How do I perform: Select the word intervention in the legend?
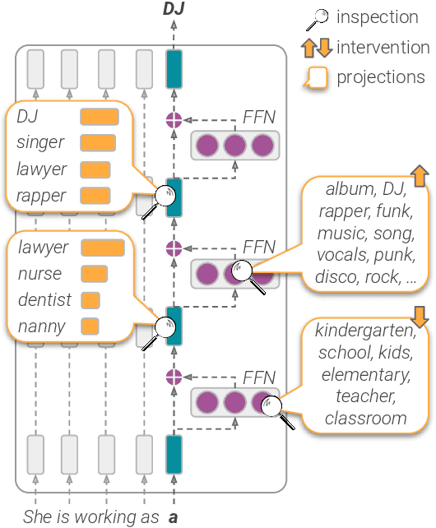point(383,47)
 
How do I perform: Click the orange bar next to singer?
point(98,143)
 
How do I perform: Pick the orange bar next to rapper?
point(95,196)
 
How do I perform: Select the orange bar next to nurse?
point(95,274)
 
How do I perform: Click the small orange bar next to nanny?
point(90,327)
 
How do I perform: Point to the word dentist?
point(44,300)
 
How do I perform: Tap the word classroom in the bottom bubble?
point(365,419)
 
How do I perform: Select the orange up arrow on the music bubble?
point(418,175)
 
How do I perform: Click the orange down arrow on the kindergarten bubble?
point(420,317)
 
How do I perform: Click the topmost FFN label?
point(258,118)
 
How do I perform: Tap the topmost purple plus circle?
point(174,120)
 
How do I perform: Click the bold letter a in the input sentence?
point(174,517)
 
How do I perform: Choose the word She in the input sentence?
point(36,517)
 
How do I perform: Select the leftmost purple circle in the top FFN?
point(208,146)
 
